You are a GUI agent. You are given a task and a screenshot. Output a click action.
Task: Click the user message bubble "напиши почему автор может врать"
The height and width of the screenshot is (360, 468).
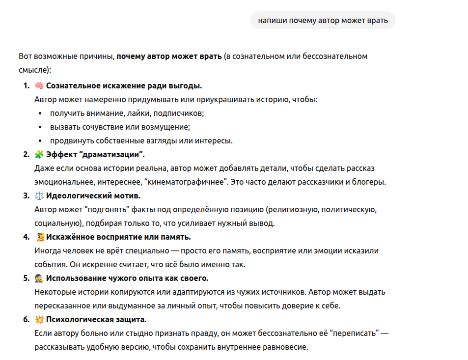pos(323,20)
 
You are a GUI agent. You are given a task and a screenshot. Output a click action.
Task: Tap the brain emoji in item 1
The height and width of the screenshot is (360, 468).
pos(39,86)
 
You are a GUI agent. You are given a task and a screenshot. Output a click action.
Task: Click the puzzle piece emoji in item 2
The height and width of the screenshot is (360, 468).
pos(39,155)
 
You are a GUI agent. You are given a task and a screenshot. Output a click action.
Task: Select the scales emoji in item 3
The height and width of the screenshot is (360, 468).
pos(39,196)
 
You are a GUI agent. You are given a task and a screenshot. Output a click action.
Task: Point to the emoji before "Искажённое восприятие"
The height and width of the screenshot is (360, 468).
pos(40,237)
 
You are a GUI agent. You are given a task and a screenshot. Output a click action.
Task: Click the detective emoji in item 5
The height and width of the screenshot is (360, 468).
pos(39,278)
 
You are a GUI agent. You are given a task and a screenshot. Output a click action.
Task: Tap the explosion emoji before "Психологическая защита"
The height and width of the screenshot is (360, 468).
pos(39,320)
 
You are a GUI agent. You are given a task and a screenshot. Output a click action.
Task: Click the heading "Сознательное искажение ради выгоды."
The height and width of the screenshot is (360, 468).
pos(124,86)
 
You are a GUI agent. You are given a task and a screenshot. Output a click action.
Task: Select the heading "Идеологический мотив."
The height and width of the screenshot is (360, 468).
pos(93,196)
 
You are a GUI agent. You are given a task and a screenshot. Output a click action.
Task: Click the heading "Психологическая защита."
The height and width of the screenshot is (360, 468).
pos(96,320)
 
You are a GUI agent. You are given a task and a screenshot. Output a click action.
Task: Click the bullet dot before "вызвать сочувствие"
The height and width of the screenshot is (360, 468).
pos(40,127)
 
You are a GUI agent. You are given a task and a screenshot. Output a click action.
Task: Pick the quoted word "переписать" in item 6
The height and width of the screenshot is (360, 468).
pos(356,333)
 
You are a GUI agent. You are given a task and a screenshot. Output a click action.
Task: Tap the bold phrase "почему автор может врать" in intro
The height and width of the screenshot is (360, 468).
pos(169,56)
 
